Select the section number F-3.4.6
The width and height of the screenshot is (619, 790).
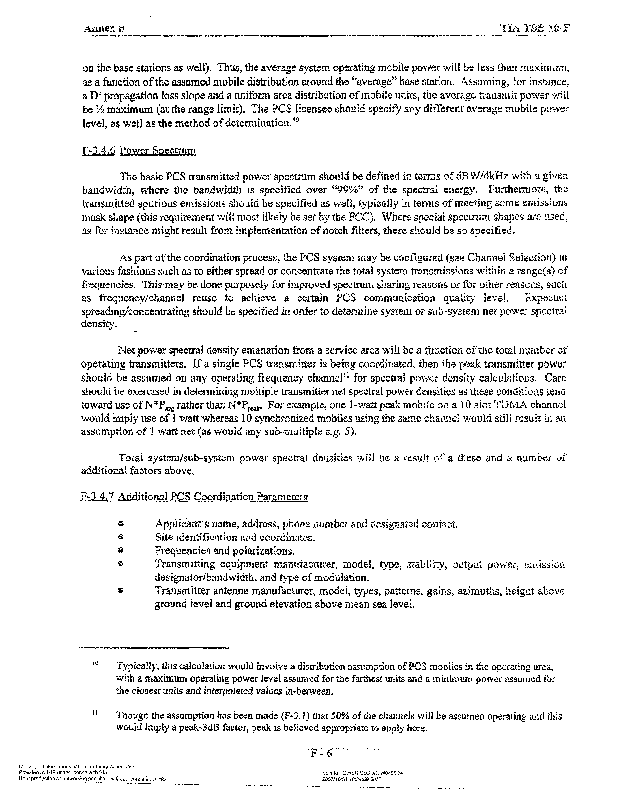pyautogui.click(x=99, y=150)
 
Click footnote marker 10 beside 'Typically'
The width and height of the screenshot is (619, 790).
pyautogui.click(x=95, y=663)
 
